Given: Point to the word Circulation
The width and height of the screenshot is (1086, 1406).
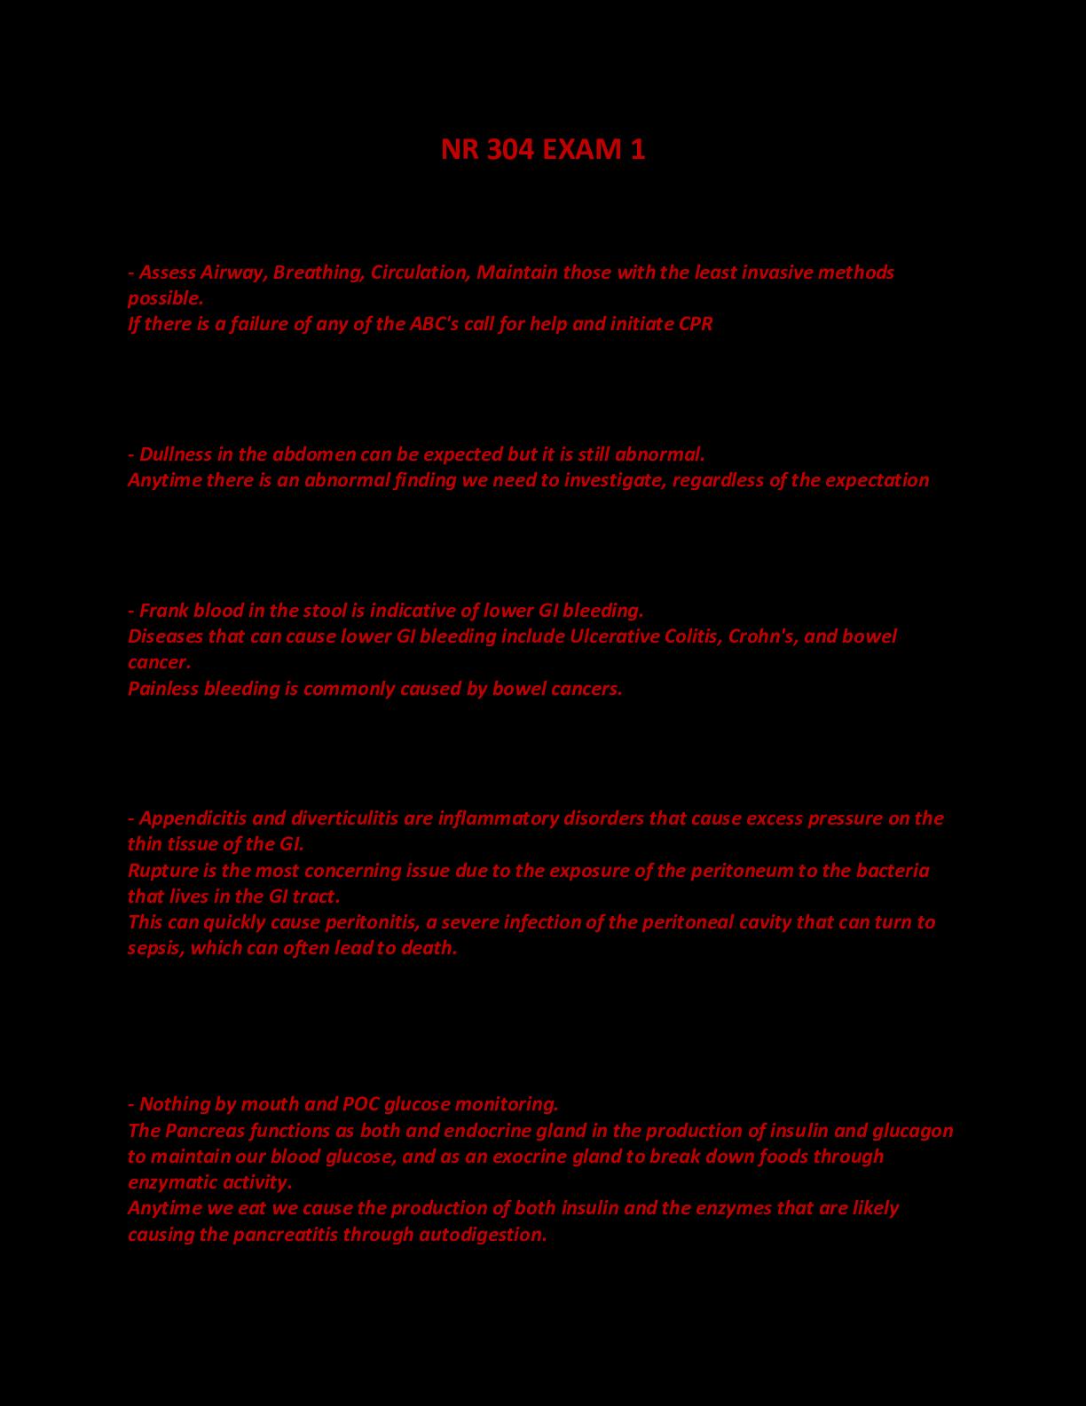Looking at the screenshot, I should click(x=419, y=272).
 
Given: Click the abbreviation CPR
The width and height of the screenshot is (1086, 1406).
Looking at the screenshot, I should click(x=696, y=323).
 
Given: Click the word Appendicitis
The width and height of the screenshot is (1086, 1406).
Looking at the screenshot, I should click(x=195, y=818).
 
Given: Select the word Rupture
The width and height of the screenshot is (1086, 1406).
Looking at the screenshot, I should click(x=161, y=870).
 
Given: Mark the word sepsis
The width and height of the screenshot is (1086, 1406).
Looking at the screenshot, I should click(x=153, y=948).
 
